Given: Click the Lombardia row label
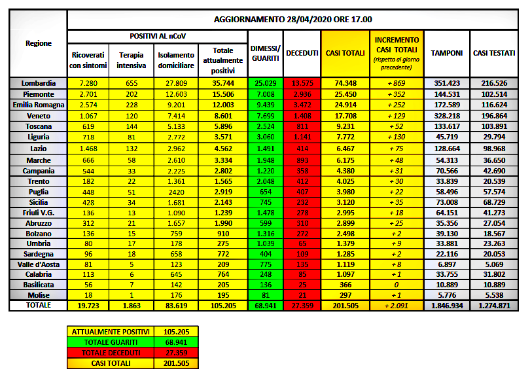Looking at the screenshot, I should pos(39,83).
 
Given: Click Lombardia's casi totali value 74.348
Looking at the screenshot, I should pos(345,83).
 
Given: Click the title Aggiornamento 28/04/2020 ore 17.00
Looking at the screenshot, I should pos(298,19).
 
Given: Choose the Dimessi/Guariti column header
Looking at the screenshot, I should pos(266,52).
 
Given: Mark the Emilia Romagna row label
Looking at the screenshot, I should pos(39,104).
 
